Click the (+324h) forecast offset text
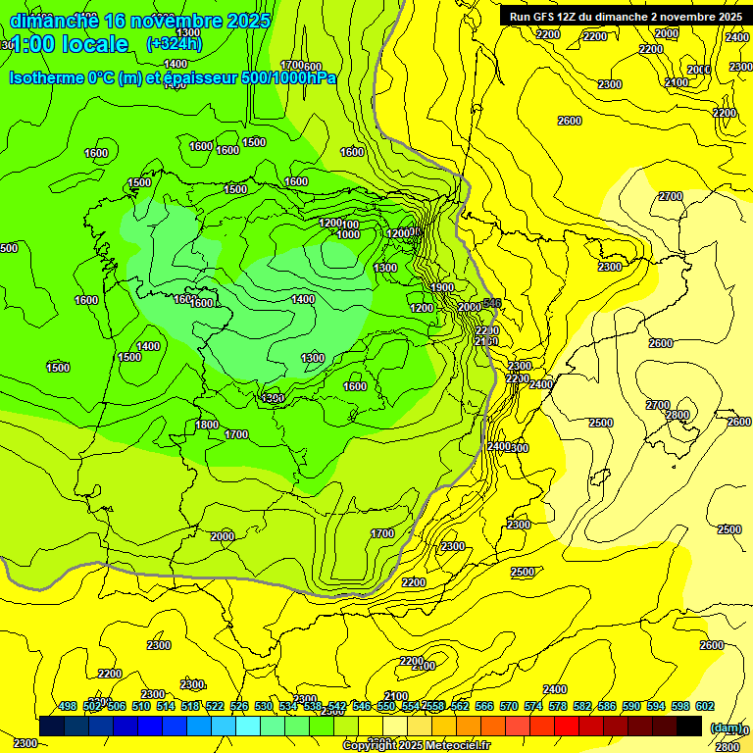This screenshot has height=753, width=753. (175, 43)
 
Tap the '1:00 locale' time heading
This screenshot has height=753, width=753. (70, 44)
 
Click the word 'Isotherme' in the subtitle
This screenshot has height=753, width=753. (46, 77)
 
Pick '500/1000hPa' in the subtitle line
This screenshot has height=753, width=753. (288, 77)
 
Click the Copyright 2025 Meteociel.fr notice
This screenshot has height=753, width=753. (416, 745)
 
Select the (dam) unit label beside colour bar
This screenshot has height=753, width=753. (725, 727)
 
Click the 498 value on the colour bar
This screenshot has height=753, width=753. (68, 706)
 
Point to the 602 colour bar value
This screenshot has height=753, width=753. (705, 706)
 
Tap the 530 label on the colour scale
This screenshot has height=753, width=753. (264, 706)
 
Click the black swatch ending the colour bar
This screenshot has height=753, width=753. (689, 726)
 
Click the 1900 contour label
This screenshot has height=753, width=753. (442, 287)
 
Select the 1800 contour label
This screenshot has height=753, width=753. (207, 425)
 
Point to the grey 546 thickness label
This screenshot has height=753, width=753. (492, 304)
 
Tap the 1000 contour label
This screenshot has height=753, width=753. (348, 234)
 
